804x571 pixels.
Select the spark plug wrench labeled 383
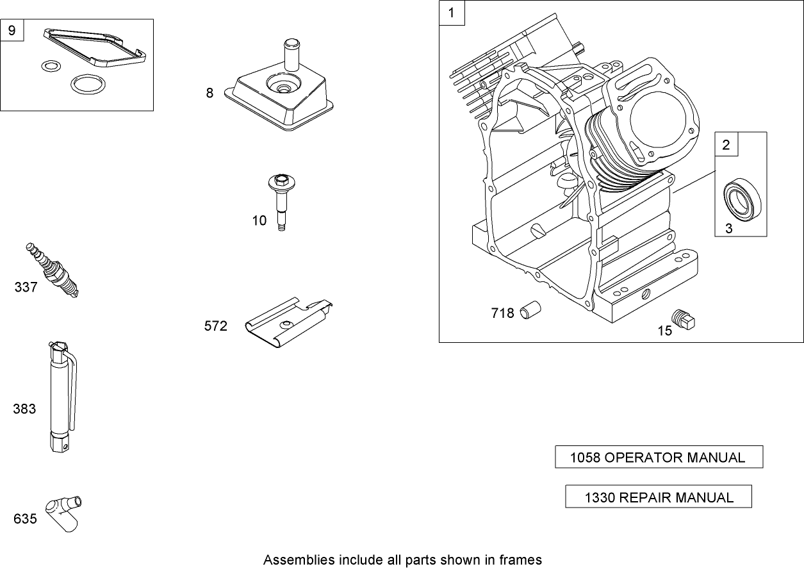click(x=63, y=397)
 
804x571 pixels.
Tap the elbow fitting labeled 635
click(x=63, y=513)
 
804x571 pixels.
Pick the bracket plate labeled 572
click(x=288, y=322)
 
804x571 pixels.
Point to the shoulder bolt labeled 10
click(x=282, y=202)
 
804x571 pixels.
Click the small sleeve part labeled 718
click(x=530, y=310)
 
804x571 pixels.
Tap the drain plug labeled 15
click(x=683, y=319)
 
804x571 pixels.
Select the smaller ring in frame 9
click(x=51, y=66)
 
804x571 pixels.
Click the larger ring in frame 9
click(x=88, y=85)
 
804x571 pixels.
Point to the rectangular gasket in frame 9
click(x=95, y=48)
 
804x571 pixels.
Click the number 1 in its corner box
click(x=452, y=13)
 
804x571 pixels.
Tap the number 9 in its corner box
click(x=12, y=30)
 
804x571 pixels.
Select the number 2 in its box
click(x=726, y=145)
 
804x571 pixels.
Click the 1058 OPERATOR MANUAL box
click(x=659, y=457)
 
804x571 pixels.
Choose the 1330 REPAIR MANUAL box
click(x=659, y=497)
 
